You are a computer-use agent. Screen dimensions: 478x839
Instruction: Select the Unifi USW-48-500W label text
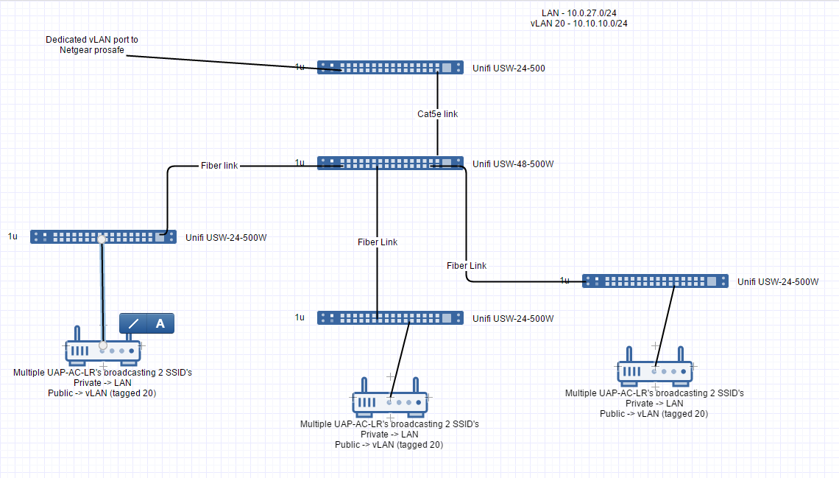[513, 164]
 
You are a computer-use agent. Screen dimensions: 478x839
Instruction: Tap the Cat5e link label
[437, 114]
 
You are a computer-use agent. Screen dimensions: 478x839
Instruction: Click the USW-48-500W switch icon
[390, 163]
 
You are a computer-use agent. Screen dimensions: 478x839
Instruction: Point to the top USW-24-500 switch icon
[390, 68]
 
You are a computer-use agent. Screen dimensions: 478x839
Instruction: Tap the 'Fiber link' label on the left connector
[219, 166]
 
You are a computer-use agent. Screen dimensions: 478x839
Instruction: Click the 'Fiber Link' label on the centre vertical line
[378, 242]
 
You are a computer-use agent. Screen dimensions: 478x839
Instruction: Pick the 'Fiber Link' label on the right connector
[466, 265]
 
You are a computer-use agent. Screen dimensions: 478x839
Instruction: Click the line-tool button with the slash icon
[133, 323]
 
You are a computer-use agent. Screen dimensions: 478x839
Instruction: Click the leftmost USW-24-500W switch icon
[103, 236]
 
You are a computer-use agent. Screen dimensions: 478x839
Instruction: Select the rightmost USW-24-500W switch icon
[655, 281]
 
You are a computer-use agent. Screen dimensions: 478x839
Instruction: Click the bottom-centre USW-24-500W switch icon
[390, 317]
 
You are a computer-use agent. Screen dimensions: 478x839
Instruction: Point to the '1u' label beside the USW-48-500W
[300, 163]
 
